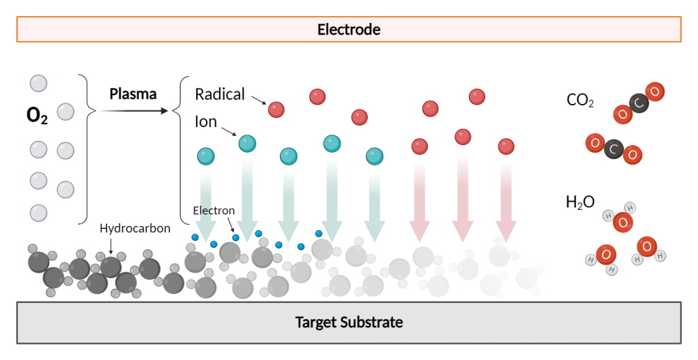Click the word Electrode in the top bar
click(348, 29)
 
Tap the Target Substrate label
click(349, 322)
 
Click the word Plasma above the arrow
click(133, 94)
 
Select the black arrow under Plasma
click(133, 110)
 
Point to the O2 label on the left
click(37, 116)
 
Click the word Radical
click(220, 94)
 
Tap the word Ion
click(206, 121)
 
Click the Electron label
click(214, 211)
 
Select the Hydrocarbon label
click(135, 228)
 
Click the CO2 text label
click(580, 100)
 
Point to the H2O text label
click(580, 202)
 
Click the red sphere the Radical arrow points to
click(276, 110)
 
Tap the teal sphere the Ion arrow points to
click(248, 144)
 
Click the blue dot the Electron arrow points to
click(235, 238)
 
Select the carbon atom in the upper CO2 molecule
click(639, 103)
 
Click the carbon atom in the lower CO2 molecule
click(614, 149)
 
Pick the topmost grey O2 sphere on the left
click(38, 83)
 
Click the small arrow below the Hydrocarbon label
click(110, 246)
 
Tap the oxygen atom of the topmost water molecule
click(623, 222)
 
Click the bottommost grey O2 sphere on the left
click(38, 213)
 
